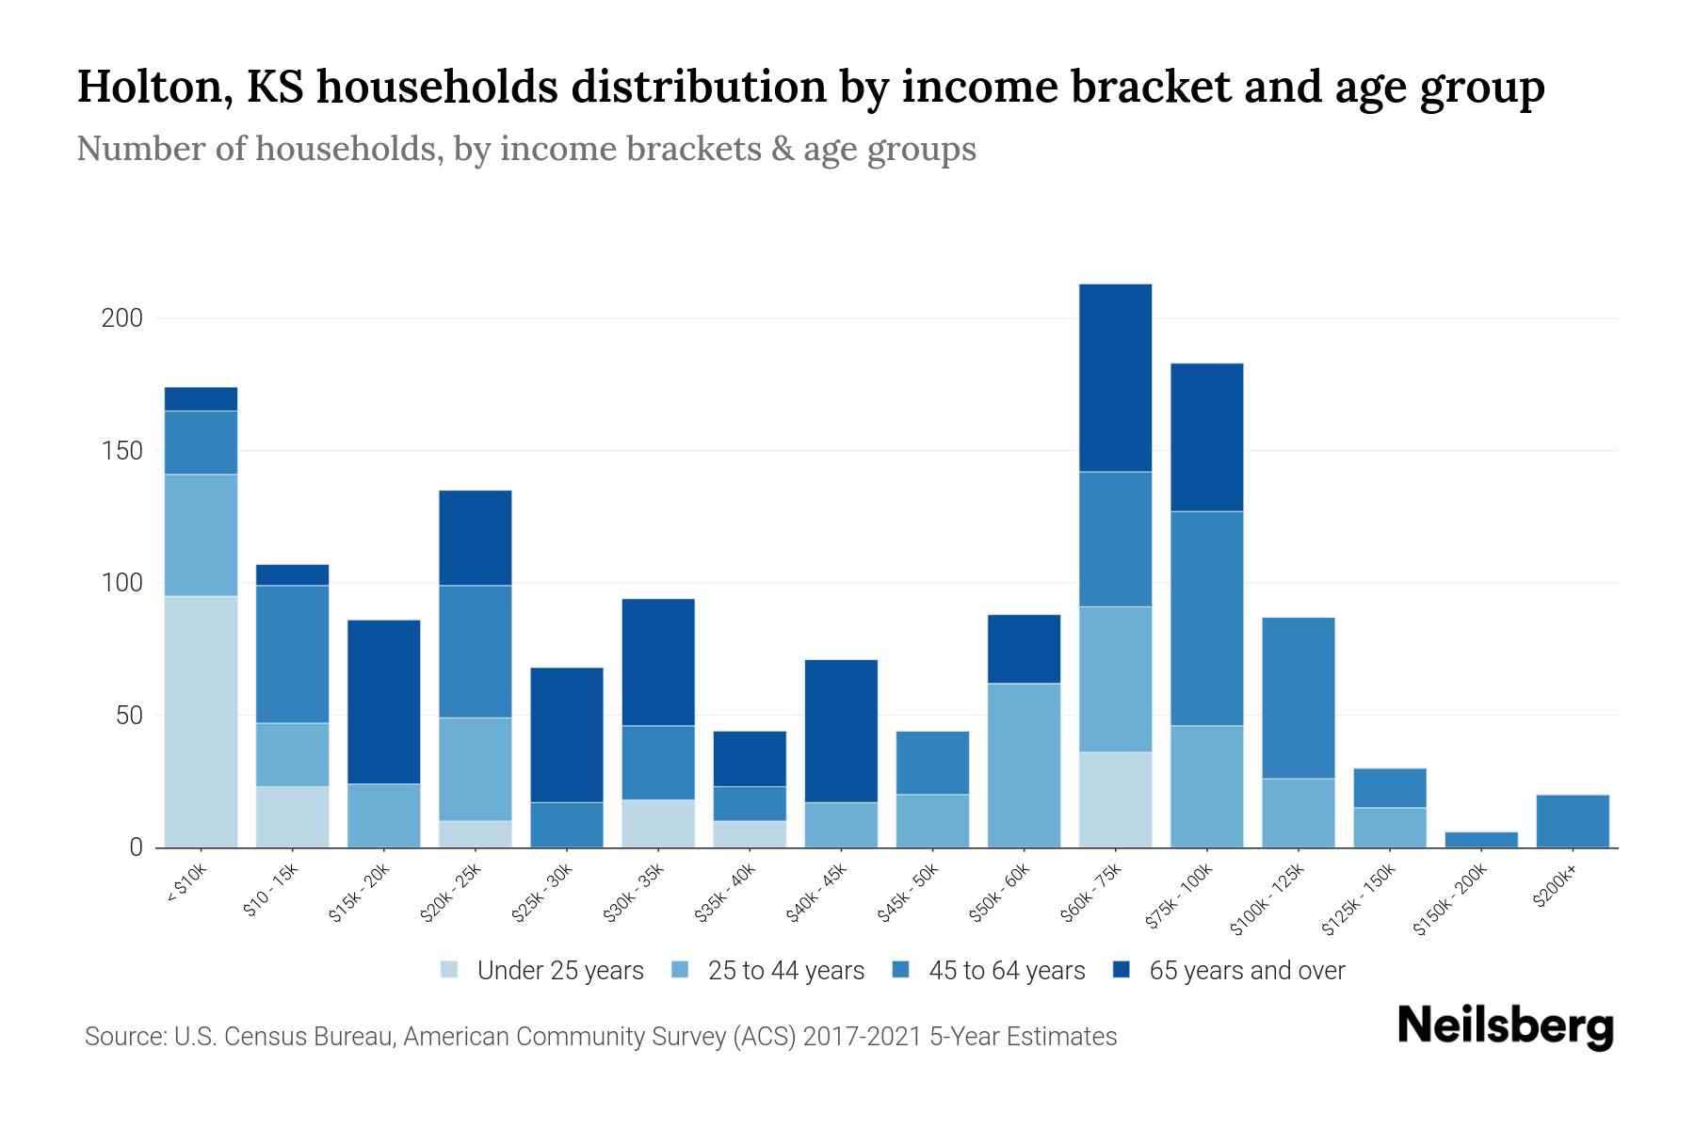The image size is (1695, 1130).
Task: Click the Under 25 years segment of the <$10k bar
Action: pyautogui.click(x=201, y=721)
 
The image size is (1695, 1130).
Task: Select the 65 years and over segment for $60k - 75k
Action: pyautogui.click(x=1115, y=378)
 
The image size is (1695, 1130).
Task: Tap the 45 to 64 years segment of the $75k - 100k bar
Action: pyautogui.click(x=1206, y=618)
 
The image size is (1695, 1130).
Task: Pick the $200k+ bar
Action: pyautogui.click(x=1572, y=821)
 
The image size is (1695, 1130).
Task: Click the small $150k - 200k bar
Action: pyautogui.click(x=1480, y=839)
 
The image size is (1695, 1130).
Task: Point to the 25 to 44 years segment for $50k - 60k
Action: pyautogui.click(x=1024, y=765)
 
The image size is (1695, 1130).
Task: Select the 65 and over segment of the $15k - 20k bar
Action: pyautogui.click(x=383, y=702)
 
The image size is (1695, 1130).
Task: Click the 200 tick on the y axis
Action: pyautogui.click(x=122, y=318)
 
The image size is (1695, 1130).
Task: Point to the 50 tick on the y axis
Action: pyautogui.click(x=129, y=716)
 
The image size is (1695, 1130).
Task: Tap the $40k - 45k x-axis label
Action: pyautogui.click(x=818, y=894)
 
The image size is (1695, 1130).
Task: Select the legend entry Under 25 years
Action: pyautogui.click(x=559, y=971)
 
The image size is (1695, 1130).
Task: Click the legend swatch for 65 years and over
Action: pyautogui.click(x=1121, y=970)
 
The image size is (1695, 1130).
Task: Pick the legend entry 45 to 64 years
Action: pyautogui.click(x=1006, y=971)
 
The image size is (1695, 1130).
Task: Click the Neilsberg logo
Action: pyautogui.click(x=1505, y=1026)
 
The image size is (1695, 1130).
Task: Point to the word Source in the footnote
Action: pyautogui.click(x=122, y=1037)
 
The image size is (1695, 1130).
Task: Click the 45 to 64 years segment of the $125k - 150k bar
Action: pyautogui.click(x=1389, y=787)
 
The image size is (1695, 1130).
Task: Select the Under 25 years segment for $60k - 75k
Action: pyautogui.click(x=1115, y=799)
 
